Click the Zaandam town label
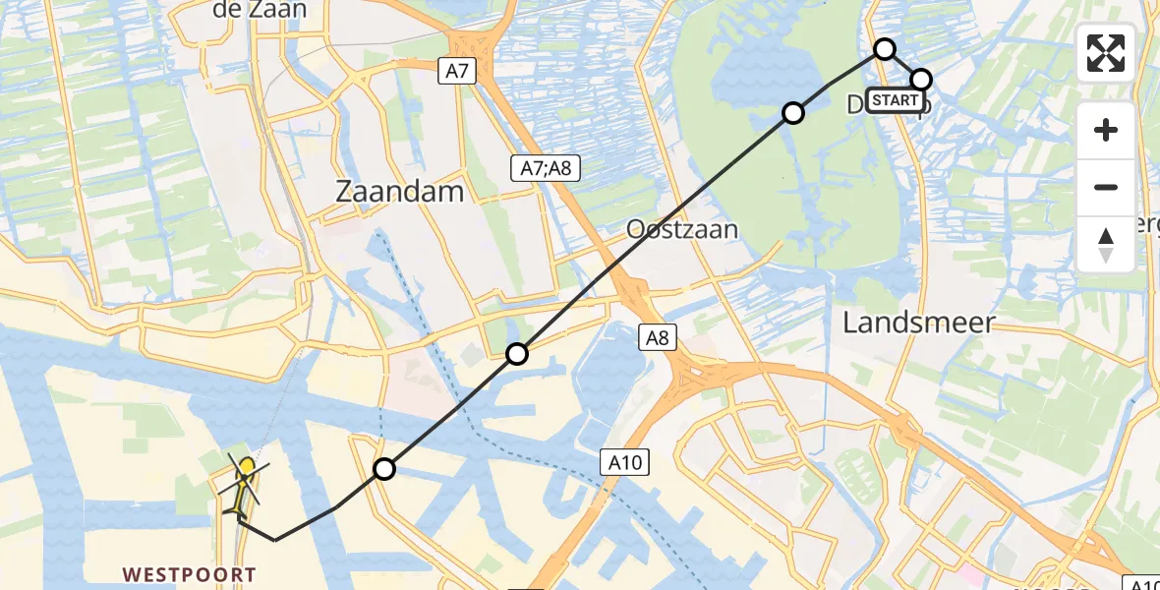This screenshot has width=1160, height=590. coord(399,192)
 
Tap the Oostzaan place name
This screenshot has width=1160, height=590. coord(682,229)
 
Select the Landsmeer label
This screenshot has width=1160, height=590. coord(919,322)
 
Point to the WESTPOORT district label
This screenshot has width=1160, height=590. coord(189,574)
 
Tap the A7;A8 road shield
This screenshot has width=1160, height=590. coord(546,168)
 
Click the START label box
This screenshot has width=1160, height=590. coord(896,100)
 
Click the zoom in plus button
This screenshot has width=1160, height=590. coord(1106,130)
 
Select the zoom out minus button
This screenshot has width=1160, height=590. coord(1106,187)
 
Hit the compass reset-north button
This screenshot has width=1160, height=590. coord(1106,244)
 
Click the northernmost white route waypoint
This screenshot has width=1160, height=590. coord(885,49)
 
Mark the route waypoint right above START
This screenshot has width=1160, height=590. coord(921,79)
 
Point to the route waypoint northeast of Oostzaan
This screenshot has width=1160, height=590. coord(792,113)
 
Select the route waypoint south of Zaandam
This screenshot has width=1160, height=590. coord(517,354)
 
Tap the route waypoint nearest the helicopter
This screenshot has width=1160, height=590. coord(384,469)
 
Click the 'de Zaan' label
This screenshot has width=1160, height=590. coord(260,10)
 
